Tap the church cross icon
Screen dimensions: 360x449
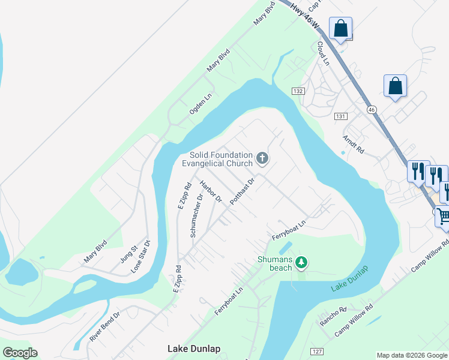[262, 158]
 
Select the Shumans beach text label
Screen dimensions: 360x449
[275, 263]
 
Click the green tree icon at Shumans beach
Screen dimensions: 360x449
[302, 262]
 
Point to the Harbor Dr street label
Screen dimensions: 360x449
[211, 191]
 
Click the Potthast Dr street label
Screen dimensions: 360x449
[243, 191]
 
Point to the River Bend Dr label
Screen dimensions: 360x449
[105, 326]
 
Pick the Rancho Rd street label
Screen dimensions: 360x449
[333, 316]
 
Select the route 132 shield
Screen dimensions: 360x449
[298, 91]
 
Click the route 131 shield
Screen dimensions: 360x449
[340, 116]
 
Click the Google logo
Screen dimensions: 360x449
[20, 353]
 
